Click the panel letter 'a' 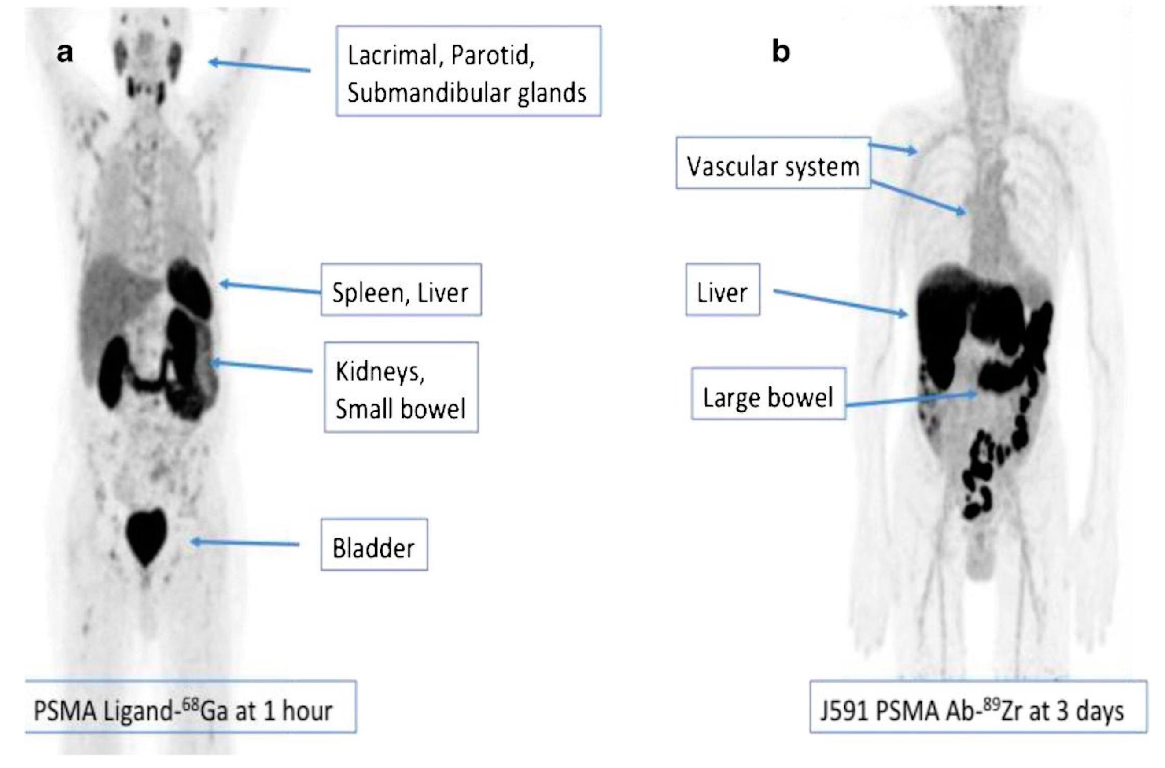click(65, 52)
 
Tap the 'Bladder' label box click(374, 545)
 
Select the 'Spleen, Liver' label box click(401, 290)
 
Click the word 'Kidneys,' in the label click(380, 372)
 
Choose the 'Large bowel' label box click(768, 394)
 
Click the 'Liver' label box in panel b click(723, 290)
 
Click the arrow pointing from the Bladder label click(245, 542)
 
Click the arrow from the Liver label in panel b click(840, 302)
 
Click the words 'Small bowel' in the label click(400, 408)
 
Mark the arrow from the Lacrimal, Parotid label click(259, 66)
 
